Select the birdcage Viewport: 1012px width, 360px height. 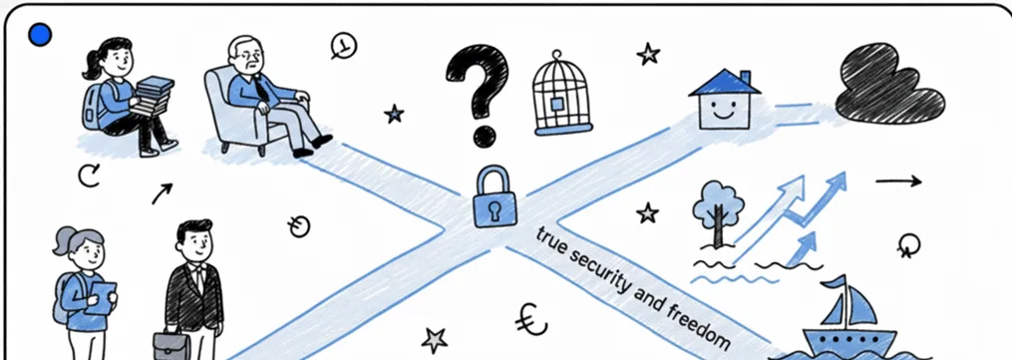pyautogui.click(x=562, y=94)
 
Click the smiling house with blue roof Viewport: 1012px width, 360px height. pyautogui.click(x=725, y=99)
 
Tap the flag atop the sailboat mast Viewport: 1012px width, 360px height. pyautogui.click(x=834, y=282)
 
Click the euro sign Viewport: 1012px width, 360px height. pyautogui.click(x=531, y=317)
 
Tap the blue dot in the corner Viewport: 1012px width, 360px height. pyautogui.click(x=40, y=35)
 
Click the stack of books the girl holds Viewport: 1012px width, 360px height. pyautogui.click(x=153, y=96)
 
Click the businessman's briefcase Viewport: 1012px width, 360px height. pyautogui.click(x=171, y=345)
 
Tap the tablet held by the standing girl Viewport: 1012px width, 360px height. pyautogui.click(x=101, y=297)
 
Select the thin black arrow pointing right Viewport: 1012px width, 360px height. pyautogui.click(x=898, y=181)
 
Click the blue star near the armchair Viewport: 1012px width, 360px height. pyautogui.click(x=394, y=115)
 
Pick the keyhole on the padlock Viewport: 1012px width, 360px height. pyautogui.click(x=496, y=209)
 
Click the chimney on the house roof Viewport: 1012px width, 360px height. pyautogui.click(x=745, y=78)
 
